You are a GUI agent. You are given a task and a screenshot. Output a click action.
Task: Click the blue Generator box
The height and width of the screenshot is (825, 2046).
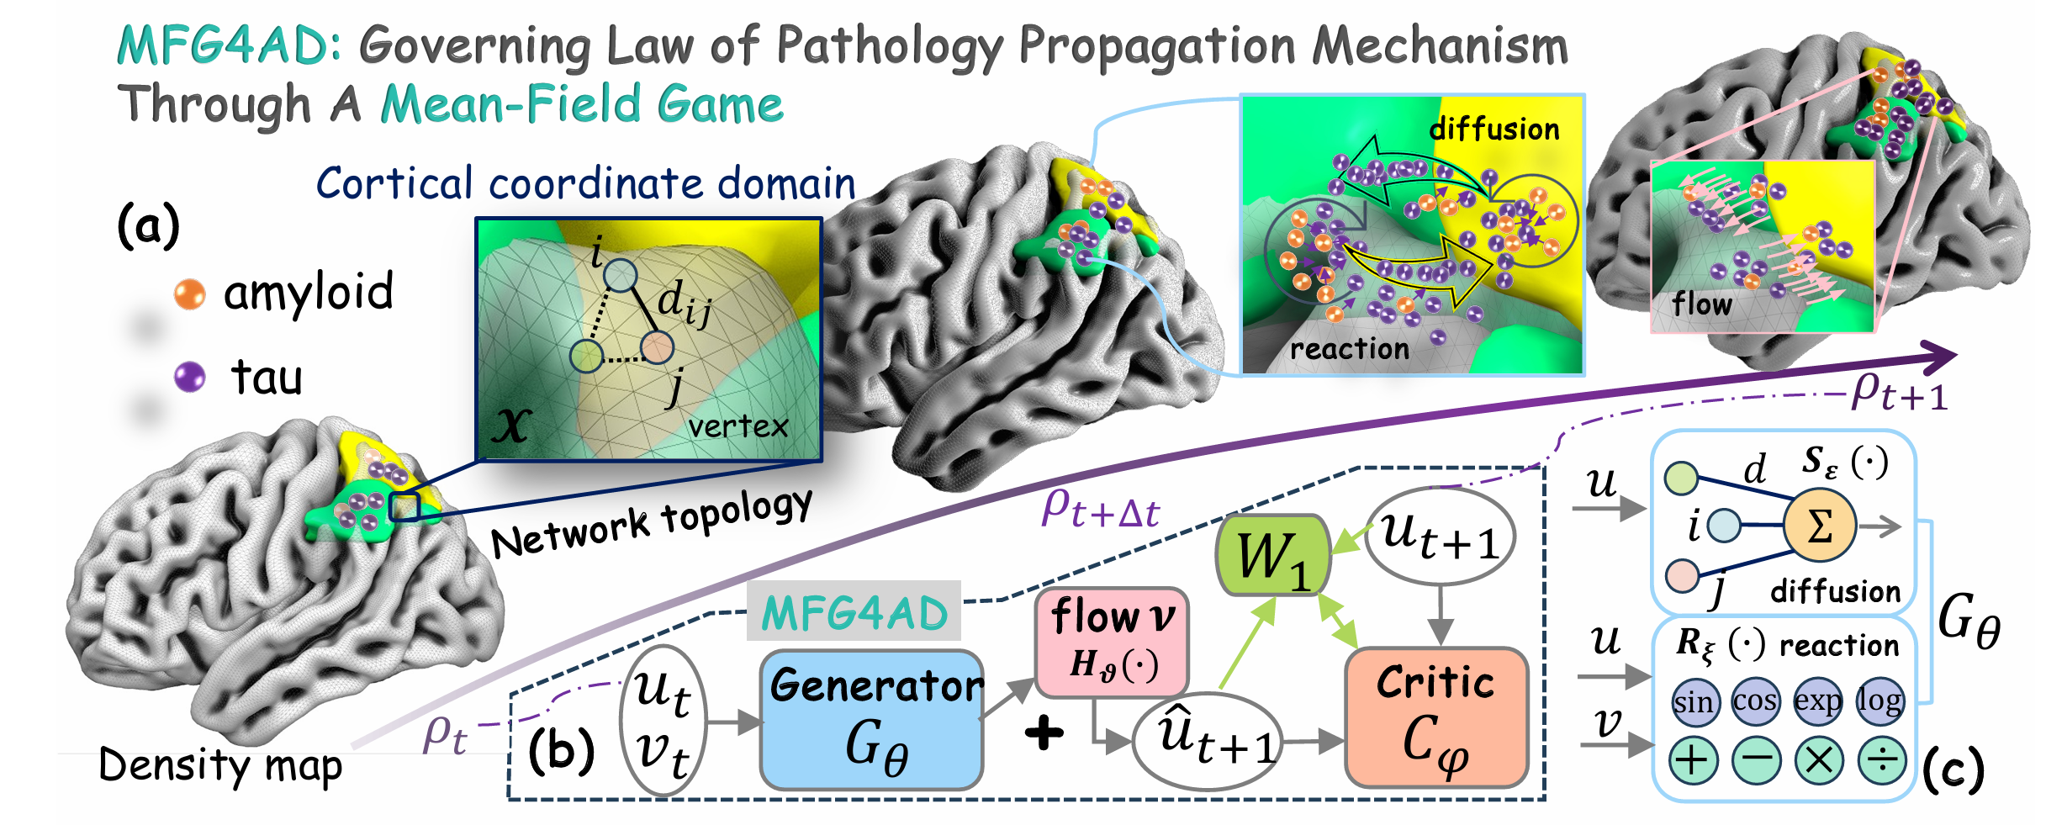(x=871, y=719)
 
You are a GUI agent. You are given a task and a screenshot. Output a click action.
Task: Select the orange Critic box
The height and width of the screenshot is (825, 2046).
(x=1436, y=717)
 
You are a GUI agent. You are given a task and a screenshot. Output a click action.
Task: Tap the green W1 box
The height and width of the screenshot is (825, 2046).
(x=1273, y=555)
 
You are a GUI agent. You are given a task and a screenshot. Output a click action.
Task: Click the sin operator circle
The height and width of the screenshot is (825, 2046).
(x=1692, y=701)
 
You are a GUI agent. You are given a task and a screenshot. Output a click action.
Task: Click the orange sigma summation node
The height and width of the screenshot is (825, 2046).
(x=1819, y=526)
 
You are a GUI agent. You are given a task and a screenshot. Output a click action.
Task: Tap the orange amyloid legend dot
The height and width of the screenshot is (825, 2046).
(x=189, y=294)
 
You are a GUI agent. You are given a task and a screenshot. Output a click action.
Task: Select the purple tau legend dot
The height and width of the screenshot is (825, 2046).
(x=189, y=377)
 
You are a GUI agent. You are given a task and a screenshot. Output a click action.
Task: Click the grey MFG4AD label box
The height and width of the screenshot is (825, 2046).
(x=854, y=612)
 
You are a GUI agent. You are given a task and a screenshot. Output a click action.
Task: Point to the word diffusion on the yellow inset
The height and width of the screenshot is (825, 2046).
(x=1494, y=129)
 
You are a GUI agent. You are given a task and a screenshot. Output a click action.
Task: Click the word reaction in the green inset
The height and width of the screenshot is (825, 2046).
(x=1349, y=348)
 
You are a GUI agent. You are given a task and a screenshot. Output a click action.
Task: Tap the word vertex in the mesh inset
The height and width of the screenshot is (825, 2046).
(x=738, y=426)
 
